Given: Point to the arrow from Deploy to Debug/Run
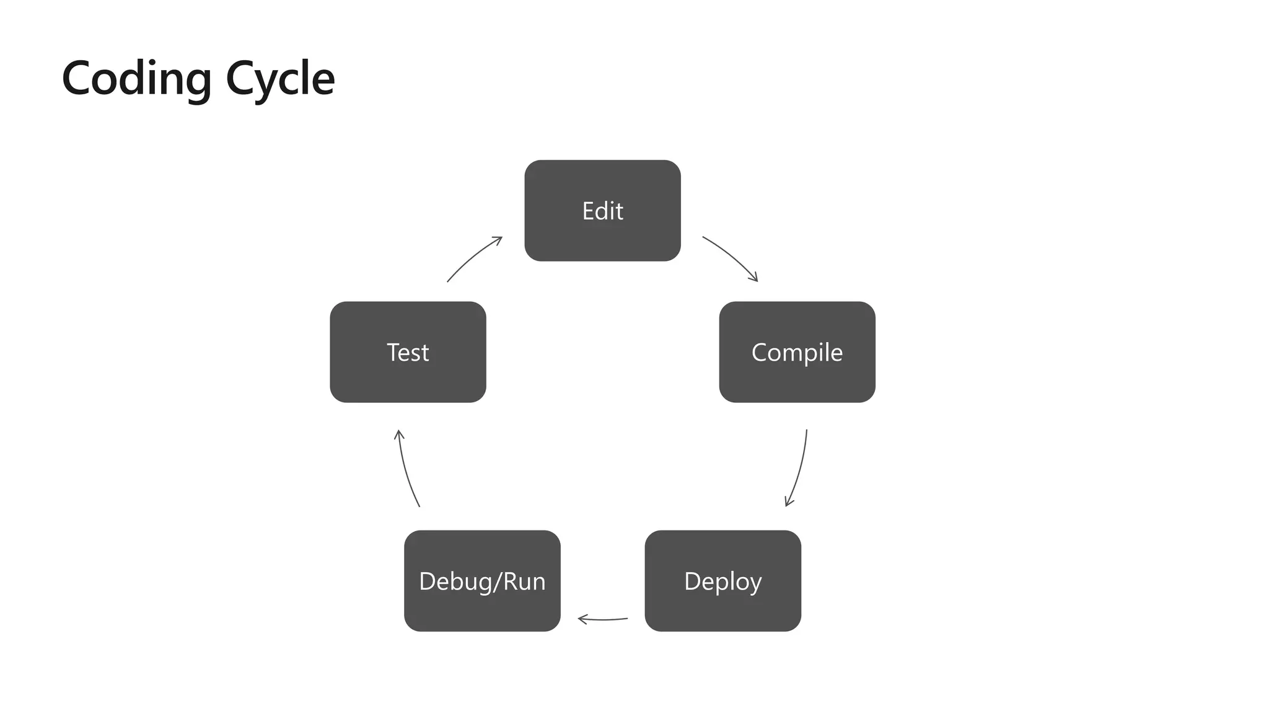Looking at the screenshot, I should pos(602,619).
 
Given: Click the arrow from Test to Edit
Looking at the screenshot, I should pos(472,257).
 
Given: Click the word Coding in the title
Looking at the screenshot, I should pos(137,79).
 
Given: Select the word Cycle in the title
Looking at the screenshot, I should pos(280,79).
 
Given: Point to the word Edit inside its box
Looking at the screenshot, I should pos(602,211).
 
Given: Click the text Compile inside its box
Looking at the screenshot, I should pos(797,353).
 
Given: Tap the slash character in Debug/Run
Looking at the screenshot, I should pos(496,581).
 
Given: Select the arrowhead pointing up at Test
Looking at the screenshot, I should pos(399,434).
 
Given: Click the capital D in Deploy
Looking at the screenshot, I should pos(692,581).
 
